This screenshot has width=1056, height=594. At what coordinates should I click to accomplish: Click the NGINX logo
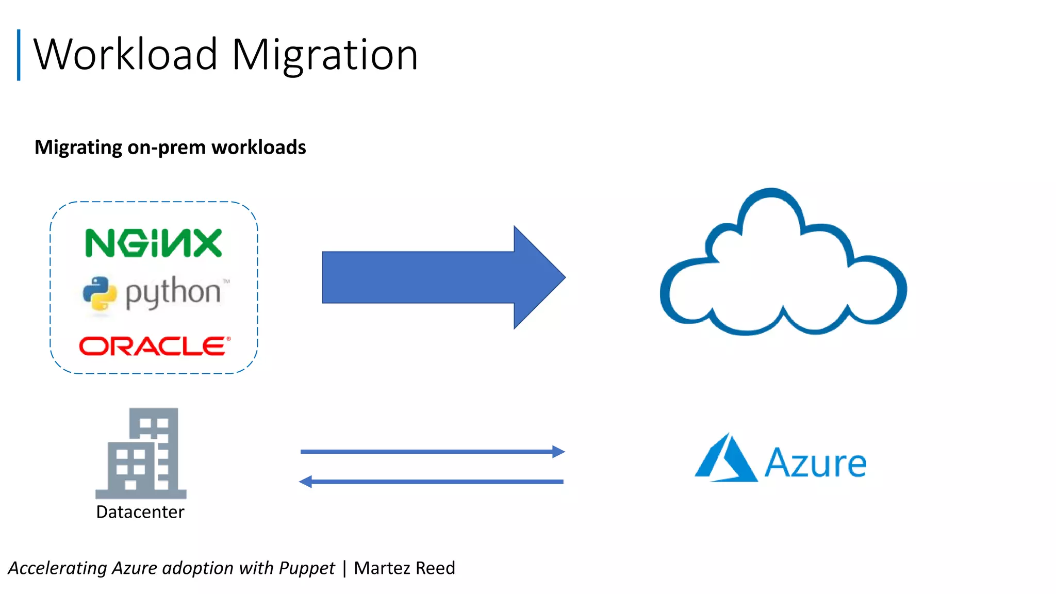(x=153, y=243)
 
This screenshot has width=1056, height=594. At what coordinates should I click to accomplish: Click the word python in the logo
(x=173, y=292)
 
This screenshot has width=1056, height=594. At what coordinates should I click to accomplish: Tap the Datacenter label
(x=140, y=512)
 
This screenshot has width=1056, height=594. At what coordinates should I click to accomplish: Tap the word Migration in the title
(x=325, y=55)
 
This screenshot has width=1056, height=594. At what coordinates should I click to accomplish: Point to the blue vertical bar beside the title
(x=19, y=55)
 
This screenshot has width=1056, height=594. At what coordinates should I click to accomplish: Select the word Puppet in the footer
(x=307, y=568)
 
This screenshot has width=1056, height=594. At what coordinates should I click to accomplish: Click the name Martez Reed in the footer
(x=404, y=568)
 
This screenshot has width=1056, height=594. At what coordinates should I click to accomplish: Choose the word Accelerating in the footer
(x=57, y=568)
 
